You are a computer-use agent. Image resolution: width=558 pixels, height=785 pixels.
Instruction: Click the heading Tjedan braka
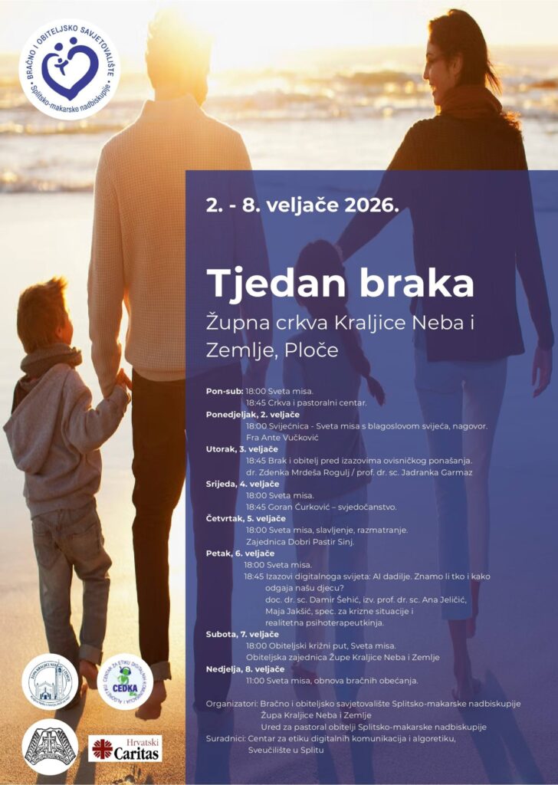340,283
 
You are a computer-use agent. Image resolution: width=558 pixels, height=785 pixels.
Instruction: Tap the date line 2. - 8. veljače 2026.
302,205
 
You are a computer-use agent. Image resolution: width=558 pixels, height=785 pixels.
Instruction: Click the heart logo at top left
69,68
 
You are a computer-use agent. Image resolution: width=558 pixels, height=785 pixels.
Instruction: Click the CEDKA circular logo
125,682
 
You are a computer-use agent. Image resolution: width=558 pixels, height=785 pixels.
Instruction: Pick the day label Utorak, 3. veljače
241,448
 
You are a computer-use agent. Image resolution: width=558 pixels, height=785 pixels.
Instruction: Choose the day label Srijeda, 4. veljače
241,484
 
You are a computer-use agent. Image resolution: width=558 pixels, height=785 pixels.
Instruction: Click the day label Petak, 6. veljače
237,553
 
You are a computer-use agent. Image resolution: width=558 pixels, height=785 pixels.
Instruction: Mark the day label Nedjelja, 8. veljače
245,668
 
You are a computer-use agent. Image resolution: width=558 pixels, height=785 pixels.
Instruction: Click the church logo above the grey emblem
51,682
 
